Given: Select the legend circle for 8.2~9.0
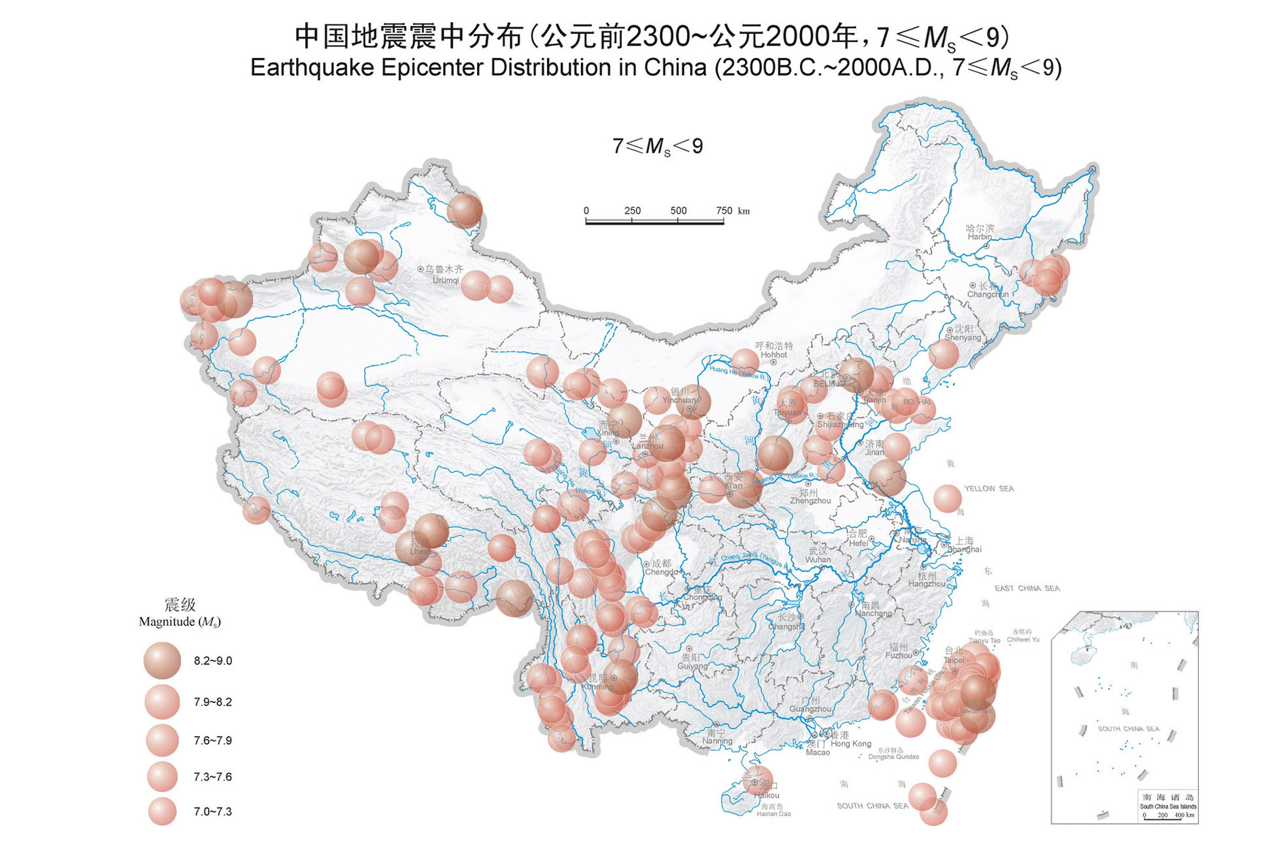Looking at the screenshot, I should coord(162,660).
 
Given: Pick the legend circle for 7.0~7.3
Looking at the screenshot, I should coord(162,811).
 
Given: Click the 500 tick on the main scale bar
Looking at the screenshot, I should coord(678,211).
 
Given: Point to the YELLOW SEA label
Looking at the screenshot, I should coord(989,488).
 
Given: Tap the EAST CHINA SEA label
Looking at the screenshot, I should coord(1027,588).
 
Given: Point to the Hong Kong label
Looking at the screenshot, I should coord(851,743).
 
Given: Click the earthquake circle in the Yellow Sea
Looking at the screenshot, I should coord(947,499).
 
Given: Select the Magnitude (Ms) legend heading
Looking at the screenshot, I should coord(180,622).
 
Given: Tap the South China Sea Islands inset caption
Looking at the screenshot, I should coord(1168,806).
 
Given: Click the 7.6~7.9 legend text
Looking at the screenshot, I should coord(212,740).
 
